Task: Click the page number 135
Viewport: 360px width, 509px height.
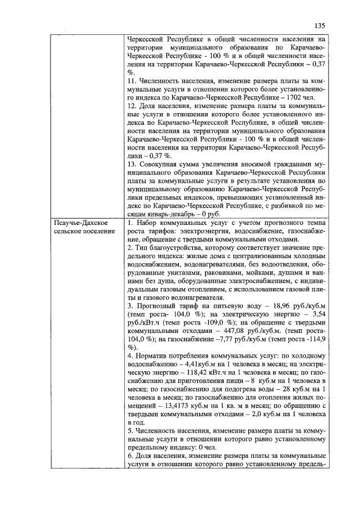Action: point(320,25)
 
